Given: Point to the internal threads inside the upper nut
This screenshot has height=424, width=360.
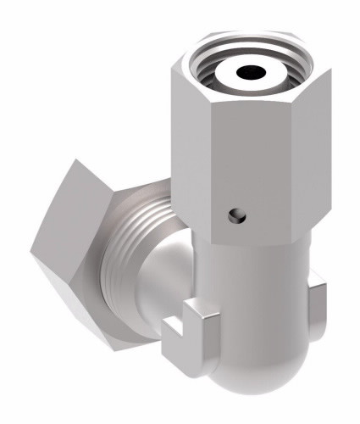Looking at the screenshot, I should [215, 67].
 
